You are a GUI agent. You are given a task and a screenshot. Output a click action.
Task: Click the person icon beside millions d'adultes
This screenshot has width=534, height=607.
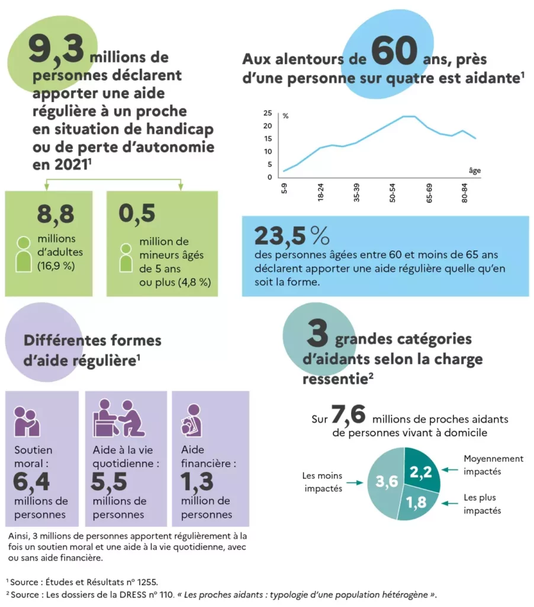click(24, 254)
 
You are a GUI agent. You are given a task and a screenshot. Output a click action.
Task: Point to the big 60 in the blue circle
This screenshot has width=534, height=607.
click(394, 52)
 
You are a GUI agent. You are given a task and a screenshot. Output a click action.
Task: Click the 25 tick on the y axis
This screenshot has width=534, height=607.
click(267, 113)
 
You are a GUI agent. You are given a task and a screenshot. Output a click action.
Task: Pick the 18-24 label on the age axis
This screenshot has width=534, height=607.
click(320, 193)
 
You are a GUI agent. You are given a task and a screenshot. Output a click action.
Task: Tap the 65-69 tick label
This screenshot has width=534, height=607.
click(429, 193)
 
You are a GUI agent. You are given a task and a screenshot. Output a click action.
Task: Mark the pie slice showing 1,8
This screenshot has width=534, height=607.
click(417, 503)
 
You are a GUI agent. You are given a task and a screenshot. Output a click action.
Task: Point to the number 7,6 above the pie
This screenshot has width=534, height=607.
click(348, 415)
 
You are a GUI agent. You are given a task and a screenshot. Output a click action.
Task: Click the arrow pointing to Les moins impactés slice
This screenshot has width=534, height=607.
click(354, 483)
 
